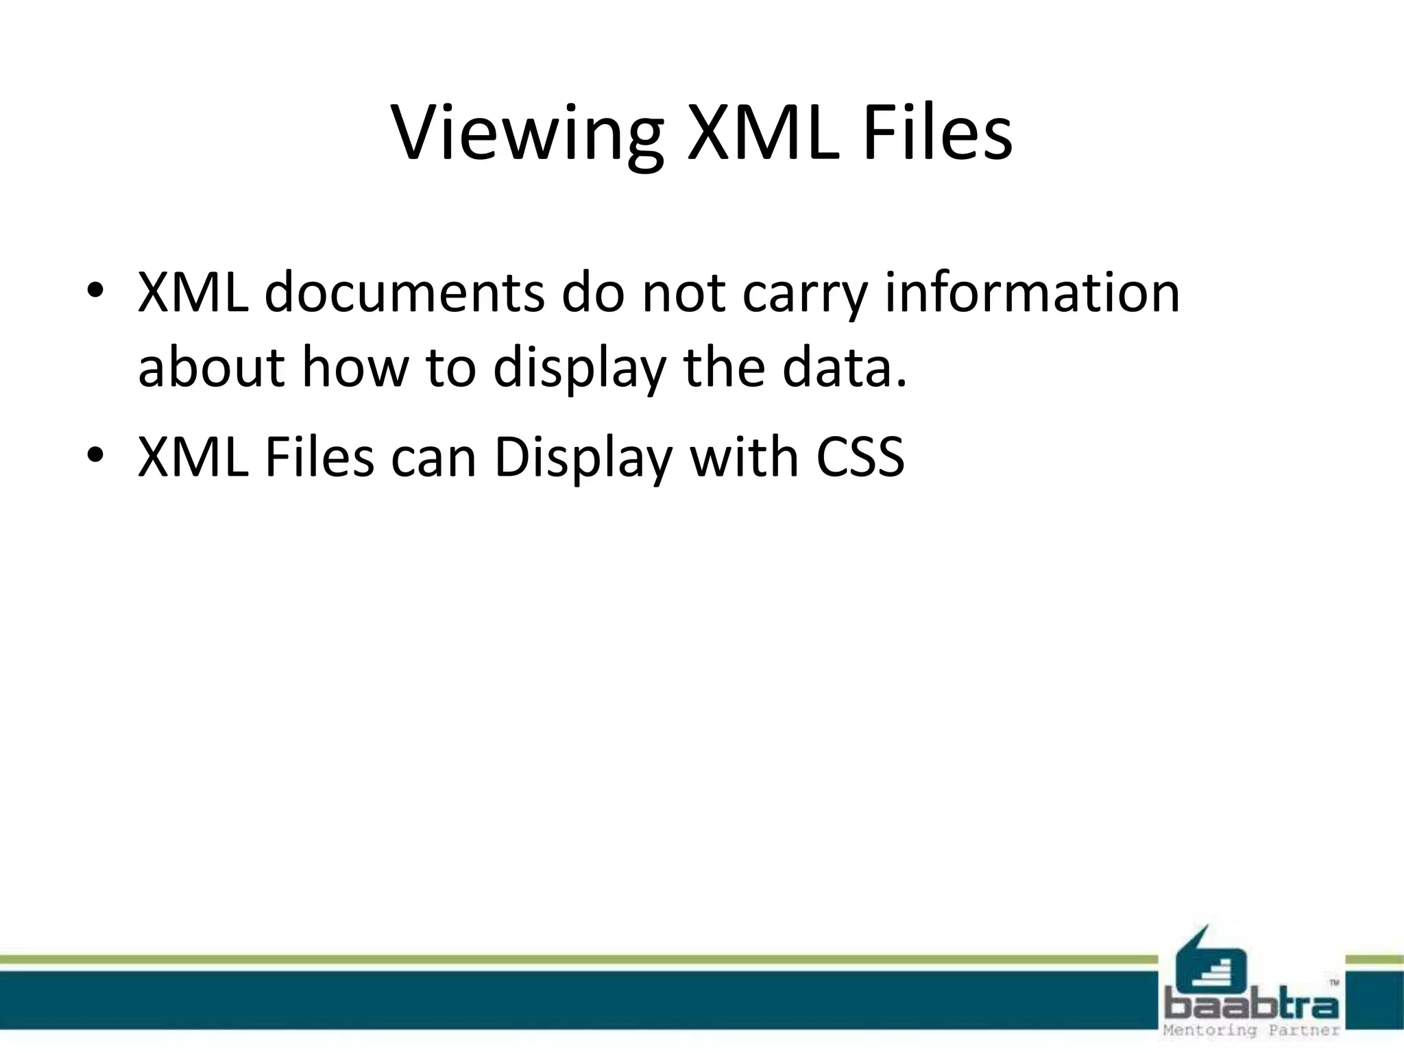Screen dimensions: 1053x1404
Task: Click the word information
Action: [1032, 292]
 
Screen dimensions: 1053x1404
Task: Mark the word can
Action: [433, 458]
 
